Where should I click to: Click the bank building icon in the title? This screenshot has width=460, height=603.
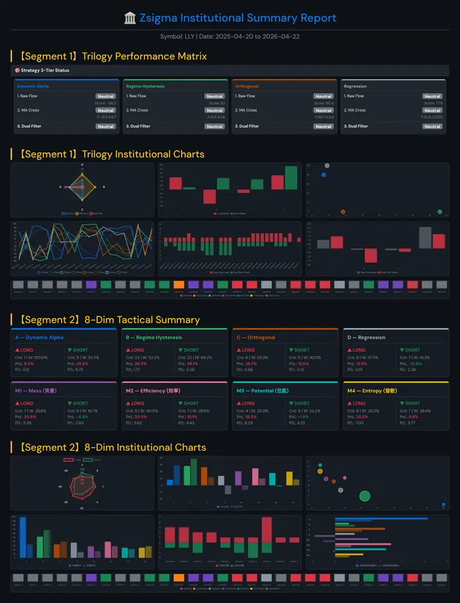coord(130,18)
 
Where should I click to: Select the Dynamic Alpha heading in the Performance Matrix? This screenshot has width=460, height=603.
coord(33,86)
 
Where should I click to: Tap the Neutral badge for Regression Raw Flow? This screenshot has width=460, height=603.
coord(432,96)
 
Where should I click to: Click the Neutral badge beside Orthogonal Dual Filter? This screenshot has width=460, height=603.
coord(323,126)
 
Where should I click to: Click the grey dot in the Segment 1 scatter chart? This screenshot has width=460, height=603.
coord(327,165)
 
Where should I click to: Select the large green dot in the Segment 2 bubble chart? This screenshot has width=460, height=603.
coord(365,495)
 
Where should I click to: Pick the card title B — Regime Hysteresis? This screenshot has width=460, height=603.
coord(154,338)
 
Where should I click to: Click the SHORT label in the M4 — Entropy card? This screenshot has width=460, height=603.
coord(412,403)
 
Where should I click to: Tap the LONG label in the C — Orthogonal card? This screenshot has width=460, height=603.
coord(248,350)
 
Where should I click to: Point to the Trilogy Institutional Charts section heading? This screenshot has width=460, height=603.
coord(108,154)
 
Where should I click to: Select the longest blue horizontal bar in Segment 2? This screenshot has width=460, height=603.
coord(381,518)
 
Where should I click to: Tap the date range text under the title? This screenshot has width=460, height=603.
coord(230,36)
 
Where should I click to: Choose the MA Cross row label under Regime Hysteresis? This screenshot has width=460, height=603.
coord(137,110)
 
